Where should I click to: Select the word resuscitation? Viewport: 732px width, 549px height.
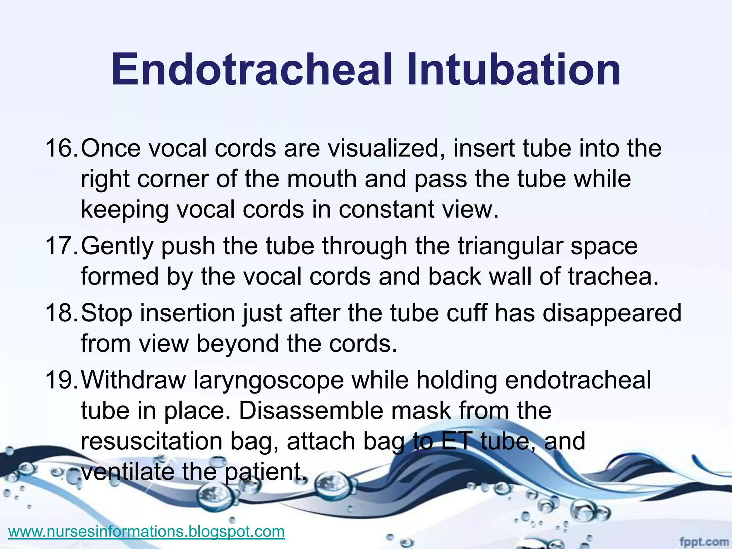point(152,441)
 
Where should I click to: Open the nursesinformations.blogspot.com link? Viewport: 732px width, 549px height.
point(147,531)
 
